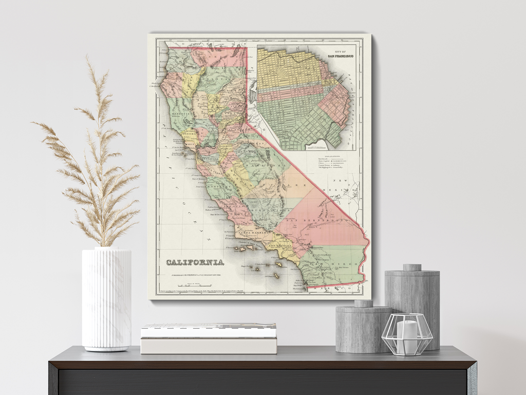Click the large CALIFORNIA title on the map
[195, 263]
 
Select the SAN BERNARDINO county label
[317, 220]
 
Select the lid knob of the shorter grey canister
[364, 303]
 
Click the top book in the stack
[209, 330]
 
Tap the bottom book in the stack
[209, 346]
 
